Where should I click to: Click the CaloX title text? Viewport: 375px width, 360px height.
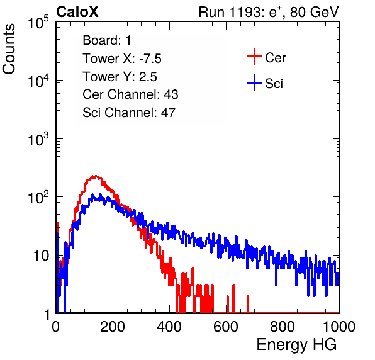[77, 12]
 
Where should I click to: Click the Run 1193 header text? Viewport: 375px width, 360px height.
[269, 12]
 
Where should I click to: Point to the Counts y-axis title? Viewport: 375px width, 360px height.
[9, 49]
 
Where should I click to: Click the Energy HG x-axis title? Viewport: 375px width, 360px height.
[296, 345]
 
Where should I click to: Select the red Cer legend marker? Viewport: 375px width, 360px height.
[254, 57]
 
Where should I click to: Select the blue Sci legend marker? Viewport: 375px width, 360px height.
[254, 82]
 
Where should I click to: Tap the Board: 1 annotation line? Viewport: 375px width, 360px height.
[107, 40]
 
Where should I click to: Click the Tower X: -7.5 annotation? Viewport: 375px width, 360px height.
[122, 59]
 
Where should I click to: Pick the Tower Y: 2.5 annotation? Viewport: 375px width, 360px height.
[120, 77]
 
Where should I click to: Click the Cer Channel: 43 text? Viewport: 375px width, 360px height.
[130, 94]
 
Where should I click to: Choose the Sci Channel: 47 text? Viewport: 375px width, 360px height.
[129, 113]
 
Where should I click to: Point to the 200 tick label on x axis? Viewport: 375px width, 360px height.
[113, 327]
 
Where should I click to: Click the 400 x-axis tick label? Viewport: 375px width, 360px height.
[169, 327]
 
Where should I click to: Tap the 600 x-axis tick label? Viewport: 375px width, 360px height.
[226, 327]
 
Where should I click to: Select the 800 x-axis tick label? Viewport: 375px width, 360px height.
[283, 327]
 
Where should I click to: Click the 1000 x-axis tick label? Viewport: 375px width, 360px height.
[339, 327]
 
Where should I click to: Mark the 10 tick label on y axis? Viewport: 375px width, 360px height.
[42, 256]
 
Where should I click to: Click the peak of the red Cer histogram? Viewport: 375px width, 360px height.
[95, 176]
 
